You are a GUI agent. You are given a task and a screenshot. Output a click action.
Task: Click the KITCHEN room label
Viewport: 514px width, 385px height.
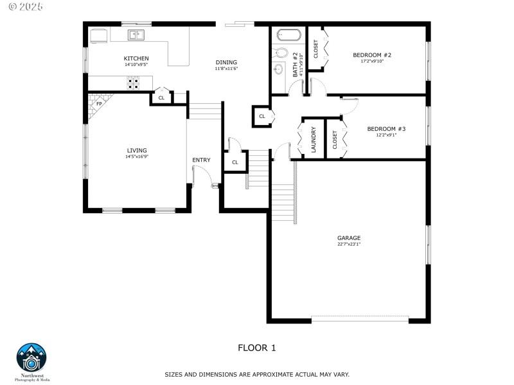136,58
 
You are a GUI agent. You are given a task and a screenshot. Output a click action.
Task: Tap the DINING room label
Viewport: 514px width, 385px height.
226,62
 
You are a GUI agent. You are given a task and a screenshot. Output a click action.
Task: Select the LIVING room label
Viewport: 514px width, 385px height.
136,150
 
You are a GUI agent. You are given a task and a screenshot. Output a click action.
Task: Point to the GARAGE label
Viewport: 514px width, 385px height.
349,237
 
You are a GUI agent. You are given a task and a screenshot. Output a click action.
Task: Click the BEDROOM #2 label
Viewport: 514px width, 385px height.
372,55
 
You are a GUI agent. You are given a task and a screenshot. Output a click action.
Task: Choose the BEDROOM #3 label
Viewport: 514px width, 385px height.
386,128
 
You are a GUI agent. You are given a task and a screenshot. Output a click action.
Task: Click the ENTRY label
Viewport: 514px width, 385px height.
201,160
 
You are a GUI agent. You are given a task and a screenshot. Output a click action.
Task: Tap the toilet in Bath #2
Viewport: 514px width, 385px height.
281,53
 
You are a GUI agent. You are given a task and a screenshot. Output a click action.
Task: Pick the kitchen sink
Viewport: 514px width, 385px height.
136,35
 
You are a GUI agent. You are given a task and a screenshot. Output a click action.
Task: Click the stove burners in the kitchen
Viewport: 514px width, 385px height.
133,82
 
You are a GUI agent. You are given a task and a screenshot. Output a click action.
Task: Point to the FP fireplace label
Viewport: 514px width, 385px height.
99,103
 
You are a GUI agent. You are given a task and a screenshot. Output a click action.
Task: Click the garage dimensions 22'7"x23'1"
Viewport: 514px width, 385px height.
349,244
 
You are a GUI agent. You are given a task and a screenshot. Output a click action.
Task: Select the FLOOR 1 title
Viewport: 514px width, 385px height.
256,348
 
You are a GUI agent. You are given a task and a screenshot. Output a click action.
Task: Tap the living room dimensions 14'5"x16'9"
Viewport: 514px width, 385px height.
136,157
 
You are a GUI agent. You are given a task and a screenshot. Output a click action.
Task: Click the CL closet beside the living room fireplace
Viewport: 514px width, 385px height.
161,98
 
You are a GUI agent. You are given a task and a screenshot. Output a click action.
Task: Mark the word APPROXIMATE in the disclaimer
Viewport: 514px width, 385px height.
253,373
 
